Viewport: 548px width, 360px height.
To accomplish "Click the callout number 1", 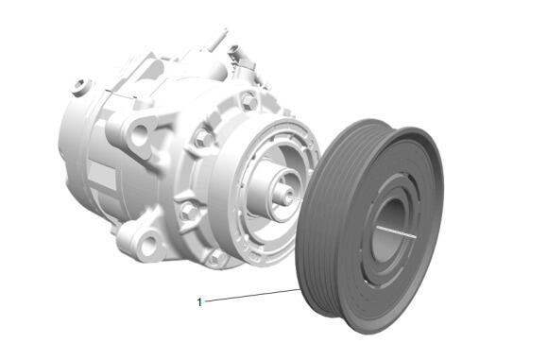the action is pos(199,302).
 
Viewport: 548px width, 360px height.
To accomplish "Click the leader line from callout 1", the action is pos(252,296).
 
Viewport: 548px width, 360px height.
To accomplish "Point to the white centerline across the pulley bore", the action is pos(397,232).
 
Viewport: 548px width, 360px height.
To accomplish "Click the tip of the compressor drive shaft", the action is pos(289,197).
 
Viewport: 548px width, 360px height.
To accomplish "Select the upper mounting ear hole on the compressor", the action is pos(139,135).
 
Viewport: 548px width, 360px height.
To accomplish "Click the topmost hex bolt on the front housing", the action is pos(249,101).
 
